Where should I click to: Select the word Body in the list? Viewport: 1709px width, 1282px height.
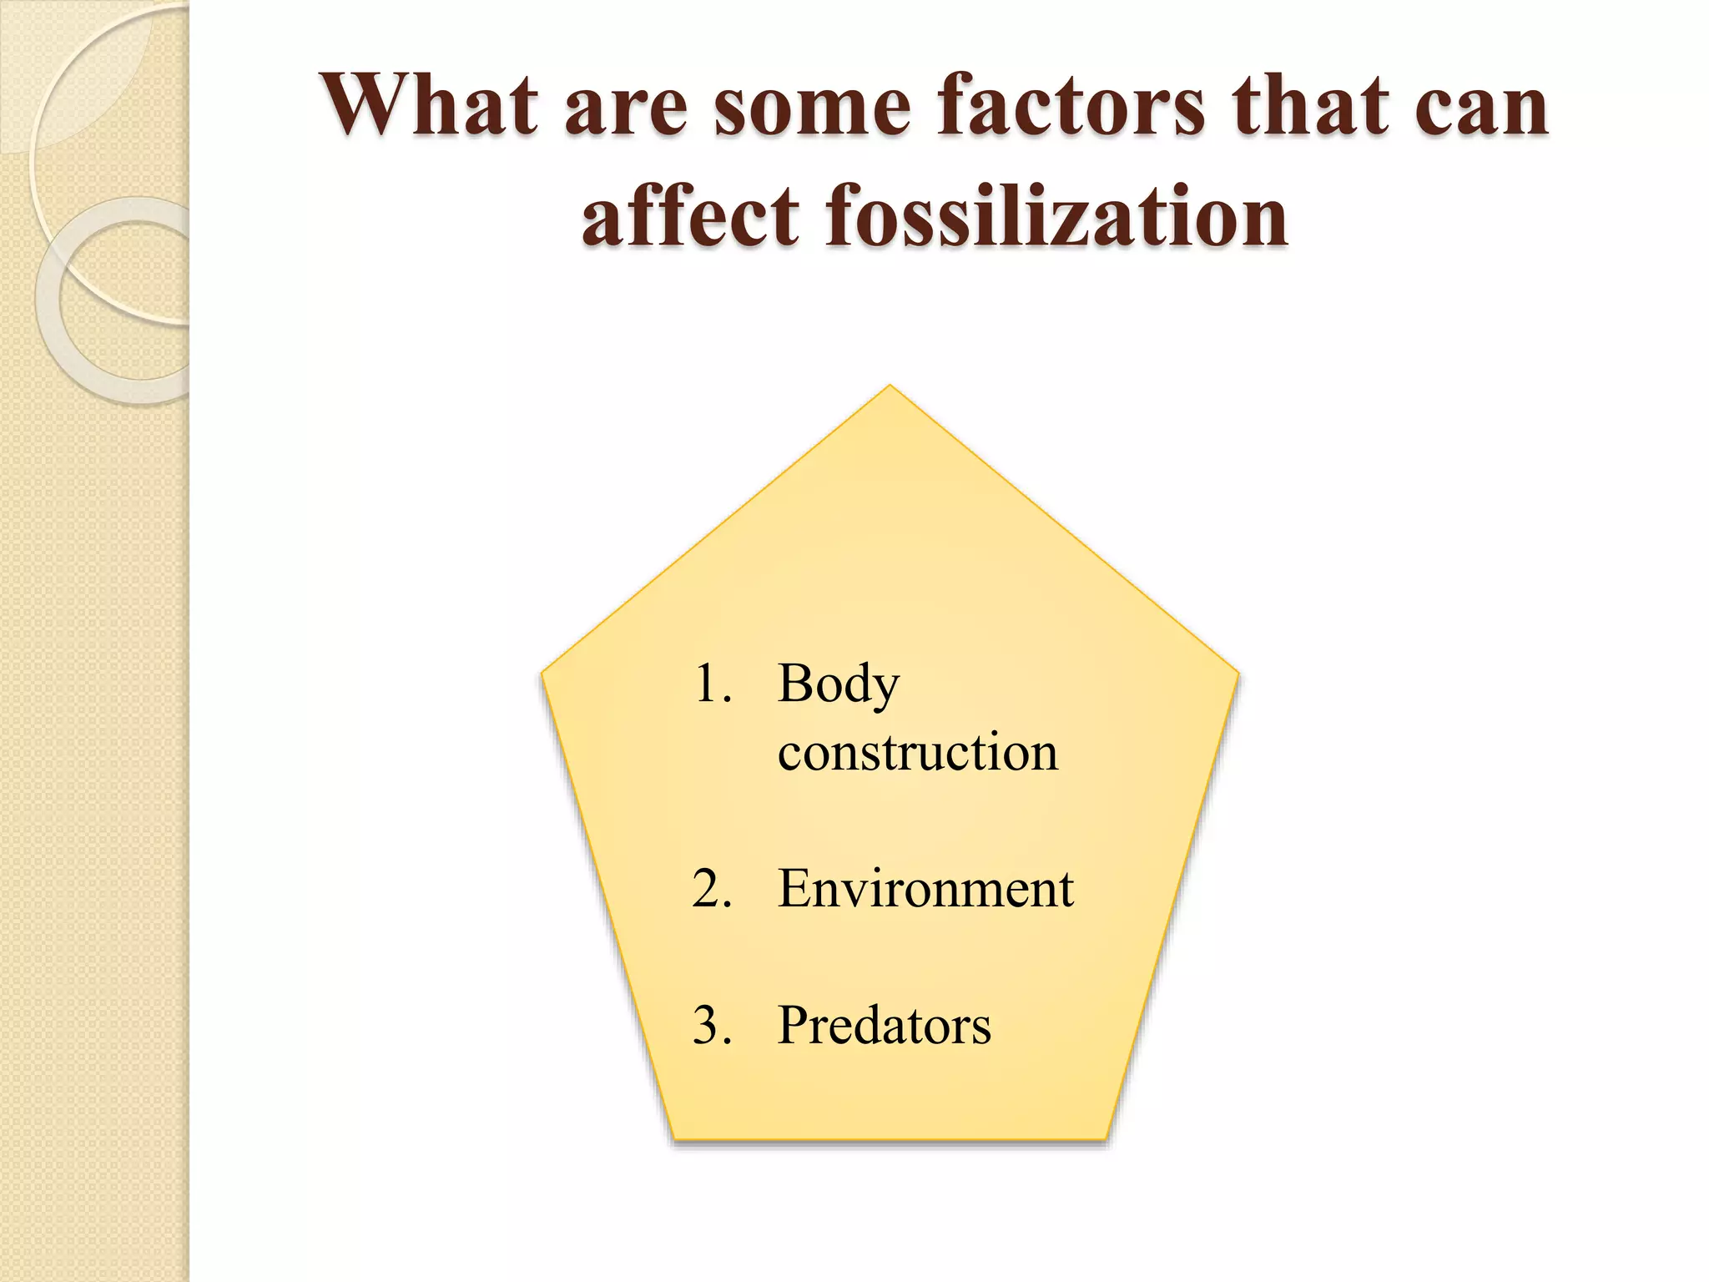tap(839, 684)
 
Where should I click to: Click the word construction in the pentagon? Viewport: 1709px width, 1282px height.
tap(917, 751)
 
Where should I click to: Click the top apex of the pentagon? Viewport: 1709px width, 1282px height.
tap(890, 386)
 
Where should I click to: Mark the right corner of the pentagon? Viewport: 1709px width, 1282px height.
tap(1238, 672)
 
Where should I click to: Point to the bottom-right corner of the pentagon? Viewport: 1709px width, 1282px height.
tap(1107, 1138)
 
